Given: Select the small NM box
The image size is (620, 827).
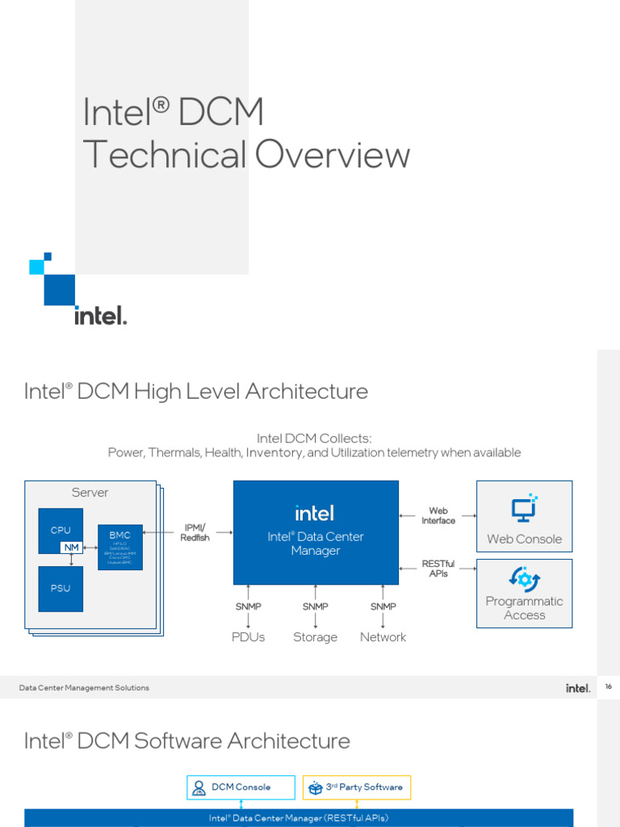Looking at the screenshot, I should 72,548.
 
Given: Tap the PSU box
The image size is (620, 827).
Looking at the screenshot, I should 61,588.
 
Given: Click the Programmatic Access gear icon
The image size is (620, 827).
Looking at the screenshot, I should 524,578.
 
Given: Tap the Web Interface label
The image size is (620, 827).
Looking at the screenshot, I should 438,516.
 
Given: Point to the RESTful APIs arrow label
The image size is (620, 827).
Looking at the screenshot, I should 438,569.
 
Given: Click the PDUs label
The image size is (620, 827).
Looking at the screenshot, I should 248,637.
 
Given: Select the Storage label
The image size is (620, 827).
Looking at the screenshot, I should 315,637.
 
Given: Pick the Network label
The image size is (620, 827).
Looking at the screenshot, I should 383,637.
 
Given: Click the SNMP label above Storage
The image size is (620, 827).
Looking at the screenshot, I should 315,607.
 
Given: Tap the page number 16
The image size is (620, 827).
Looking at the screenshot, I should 608,686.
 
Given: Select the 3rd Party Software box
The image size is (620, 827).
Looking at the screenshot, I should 357,787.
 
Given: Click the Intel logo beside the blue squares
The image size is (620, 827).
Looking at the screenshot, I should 101,315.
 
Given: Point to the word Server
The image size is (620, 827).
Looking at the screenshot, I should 90,493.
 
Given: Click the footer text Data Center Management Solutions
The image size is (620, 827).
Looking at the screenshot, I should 85,688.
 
